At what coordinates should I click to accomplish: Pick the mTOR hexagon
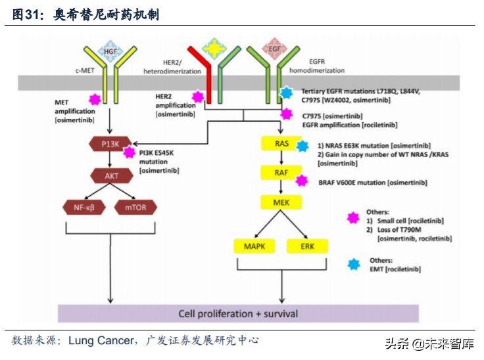coord(135,208)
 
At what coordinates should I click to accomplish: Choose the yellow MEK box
coord(281,202)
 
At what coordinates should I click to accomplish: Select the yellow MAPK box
coord(254,246)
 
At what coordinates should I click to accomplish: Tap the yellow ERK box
coord(307,246)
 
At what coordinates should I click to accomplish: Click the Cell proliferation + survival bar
coord(238,313)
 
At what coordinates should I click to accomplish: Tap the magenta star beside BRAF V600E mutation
coord(302,181)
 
